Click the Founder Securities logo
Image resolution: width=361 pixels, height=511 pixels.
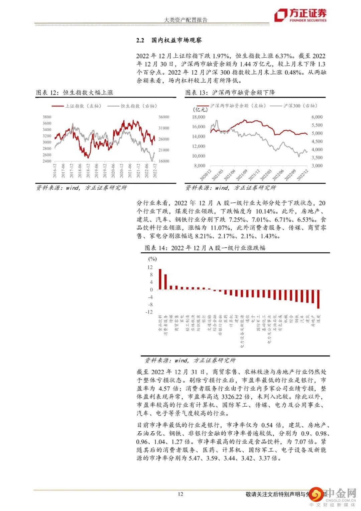(300, 15)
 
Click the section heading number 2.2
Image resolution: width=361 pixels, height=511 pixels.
(140, 40)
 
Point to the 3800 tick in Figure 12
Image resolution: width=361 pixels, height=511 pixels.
(47, 117)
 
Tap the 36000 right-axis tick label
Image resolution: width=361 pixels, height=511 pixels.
(164, 117)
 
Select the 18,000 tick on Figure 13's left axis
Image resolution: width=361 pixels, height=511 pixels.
(199, 117)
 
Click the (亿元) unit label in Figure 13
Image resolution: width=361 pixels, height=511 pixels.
(200, 109)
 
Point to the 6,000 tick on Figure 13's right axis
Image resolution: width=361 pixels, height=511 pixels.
(317, 117)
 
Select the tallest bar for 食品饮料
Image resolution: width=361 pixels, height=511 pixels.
(160, 279)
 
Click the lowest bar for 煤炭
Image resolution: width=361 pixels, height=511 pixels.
(318, 299)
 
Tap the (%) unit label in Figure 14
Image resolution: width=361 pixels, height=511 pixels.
(152, 259)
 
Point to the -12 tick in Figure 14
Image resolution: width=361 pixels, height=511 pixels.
(149, 312)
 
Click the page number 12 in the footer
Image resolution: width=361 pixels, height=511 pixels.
(180, 494)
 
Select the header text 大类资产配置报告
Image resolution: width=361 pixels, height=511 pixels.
(186, 20)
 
